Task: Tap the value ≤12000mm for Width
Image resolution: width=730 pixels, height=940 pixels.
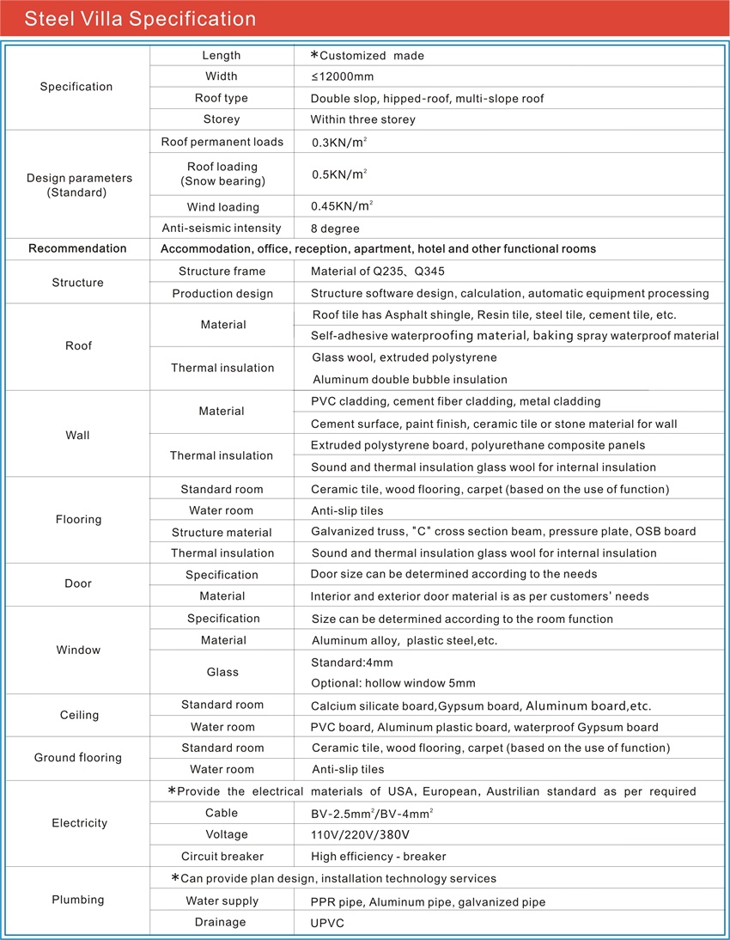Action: (343, 76)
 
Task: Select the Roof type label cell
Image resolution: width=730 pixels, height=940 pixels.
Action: (222, 98)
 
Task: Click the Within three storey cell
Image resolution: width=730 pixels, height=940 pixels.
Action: (362, 119)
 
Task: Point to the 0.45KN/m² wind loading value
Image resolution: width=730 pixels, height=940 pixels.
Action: (342, 206)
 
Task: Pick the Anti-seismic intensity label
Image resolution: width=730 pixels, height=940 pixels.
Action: (222, 229)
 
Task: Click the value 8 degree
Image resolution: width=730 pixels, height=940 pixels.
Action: (335, 229)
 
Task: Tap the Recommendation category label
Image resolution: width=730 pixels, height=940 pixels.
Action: (77, 249)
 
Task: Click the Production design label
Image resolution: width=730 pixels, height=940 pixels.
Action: (222, 294)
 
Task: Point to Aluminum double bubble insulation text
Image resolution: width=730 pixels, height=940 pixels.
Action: (410, 380)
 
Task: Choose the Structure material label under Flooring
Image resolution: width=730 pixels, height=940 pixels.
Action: (222, 533)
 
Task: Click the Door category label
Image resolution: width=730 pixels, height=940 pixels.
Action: (77, 584)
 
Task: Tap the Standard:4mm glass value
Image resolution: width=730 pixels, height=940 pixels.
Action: (351, 662)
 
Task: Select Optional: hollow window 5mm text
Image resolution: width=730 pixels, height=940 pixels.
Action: (392, 684)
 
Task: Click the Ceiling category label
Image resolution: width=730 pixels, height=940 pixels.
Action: (79, 715)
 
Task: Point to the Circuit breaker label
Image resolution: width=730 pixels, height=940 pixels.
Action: (222, 857)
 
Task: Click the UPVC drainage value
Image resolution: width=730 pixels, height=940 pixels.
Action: (327, 924)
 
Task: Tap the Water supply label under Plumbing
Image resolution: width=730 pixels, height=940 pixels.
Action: (222, 901)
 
